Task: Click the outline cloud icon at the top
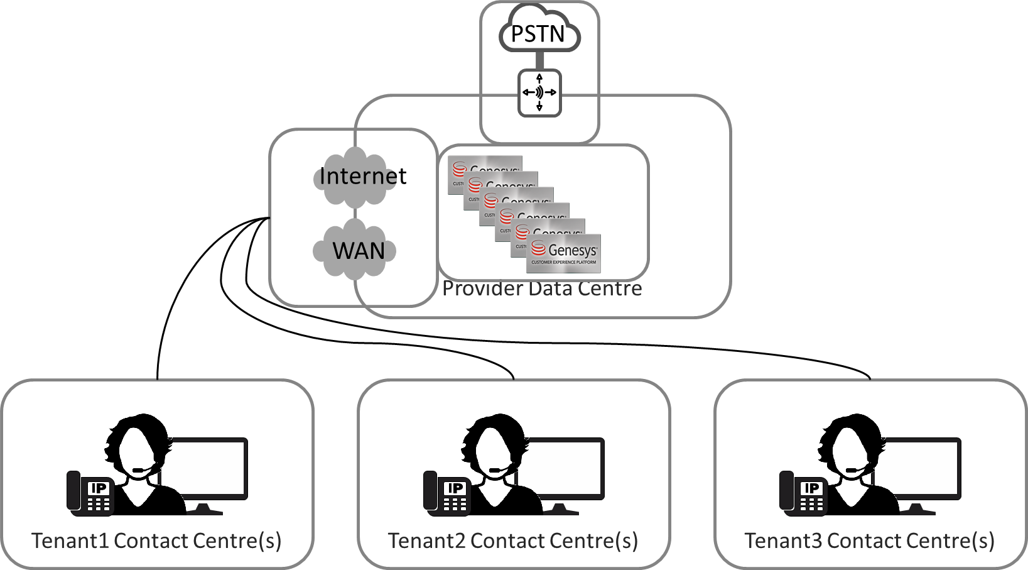pyautogui.click(x=539, y=30)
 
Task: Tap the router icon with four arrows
pyautogui.click(x=539, y=93)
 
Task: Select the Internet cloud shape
pyautogui.click(x=356, y=177)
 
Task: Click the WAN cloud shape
pyautogui.click(x=356, y=250)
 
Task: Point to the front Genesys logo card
pyautogui.click(x=563, y=254)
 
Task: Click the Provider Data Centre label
pyautogui.click(x=542, y=289)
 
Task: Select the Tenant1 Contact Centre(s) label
pyautogui.click(x=156, y=541)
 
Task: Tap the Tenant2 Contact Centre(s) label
pyautogui.click(x=512, y=541)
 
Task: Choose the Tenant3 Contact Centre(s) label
pyautogui.click(x=869, y=541)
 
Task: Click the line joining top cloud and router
pyautogui.click(x=539, y=60)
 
